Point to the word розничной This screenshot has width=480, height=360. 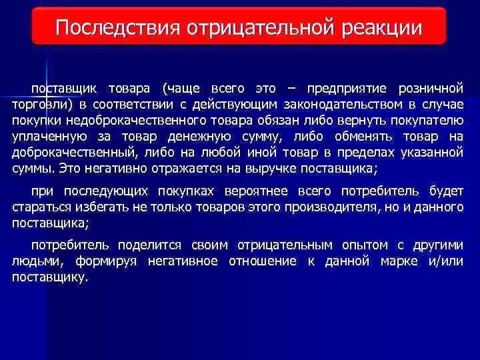point(431,89)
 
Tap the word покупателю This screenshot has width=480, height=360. point(427,121)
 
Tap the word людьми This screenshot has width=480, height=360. point(33,261)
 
